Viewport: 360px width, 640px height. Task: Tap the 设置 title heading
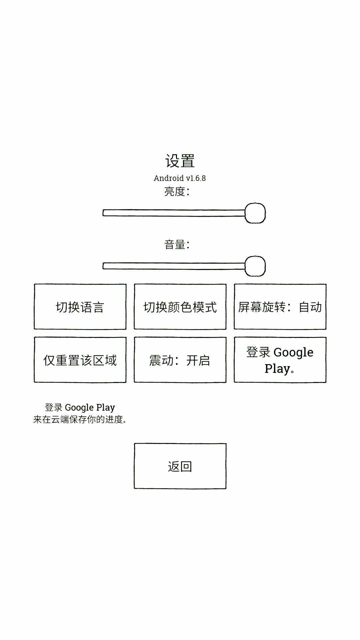[x=180, y=161]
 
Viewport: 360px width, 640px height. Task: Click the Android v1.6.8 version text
[x=180, y=178]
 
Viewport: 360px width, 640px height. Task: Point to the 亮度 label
[x=177, y=192]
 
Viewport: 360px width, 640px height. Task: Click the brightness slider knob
[x=255, y=213]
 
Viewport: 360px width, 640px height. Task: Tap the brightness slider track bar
[x=173, y=213]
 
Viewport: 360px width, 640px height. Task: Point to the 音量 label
[x=177, y=245]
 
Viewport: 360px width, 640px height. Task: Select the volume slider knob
[x=255, y=266]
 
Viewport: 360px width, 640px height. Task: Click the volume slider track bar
[x=173, y=266]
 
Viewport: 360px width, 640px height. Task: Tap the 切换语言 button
[x=80, y=307]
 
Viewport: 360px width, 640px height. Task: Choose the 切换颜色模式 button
[x=180, y=307]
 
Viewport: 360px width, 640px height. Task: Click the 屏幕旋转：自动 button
[x=280, y=307]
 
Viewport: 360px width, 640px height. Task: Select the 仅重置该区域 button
[x=80, y=360]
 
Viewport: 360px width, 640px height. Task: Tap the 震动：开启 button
[x=180, y=360]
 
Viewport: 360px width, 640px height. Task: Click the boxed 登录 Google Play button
[x=280, y=360]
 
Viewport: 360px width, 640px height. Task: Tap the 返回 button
[x=180, y=466]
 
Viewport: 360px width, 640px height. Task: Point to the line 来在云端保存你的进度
[x=80, y=419]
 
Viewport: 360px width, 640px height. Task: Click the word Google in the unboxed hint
[x=79, y=408]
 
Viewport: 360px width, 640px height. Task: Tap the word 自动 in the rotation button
[x=310, y=307]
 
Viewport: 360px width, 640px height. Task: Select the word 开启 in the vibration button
[x=198, y=360]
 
